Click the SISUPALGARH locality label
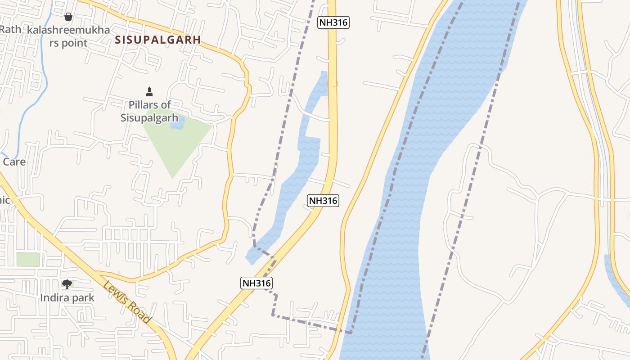[x=157, y=40]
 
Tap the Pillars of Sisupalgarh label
[x=146, y=111]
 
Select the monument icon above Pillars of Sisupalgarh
[x=149, y=92]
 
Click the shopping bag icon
[x=68, y=17]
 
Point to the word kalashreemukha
[x=68, y=30]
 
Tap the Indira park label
[x=67, y=297]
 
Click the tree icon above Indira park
[x=67, y=284]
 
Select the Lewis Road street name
[x=126, y=302]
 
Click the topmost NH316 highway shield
[x=333, y=22]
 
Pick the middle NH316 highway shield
[x=323, y=201]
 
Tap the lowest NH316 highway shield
[x=256, y=283]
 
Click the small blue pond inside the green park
[x=177, y=122]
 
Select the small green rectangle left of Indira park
[x=28, y=260]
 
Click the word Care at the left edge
[x=14, y=162]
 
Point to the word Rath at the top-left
[x=10, y=29]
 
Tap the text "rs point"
[x=68, y=43]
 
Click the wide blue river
[x=405, y=225]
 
